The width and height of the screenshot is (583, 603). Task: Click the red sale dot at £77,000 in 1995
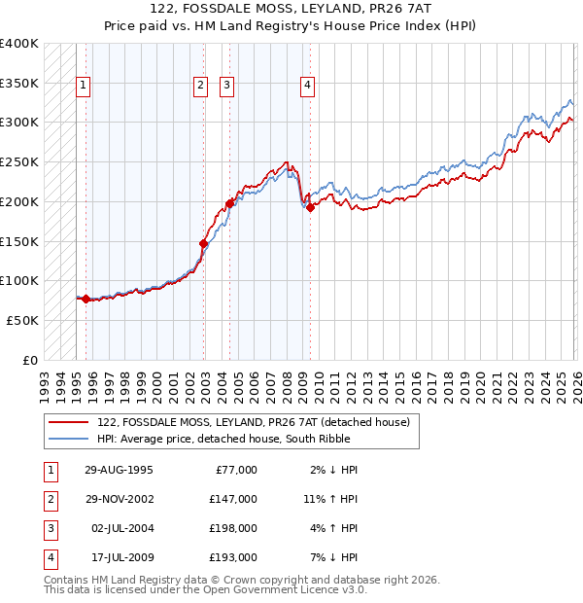(x=86, y=299)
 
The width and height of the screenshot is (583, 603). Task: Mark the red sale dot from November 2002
(x=203, y=243)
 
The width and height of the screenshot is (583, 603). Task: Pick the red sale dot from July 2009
(x=310, y=206)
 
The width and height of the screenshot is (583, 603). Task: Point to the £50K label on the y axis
(x=21, y=320)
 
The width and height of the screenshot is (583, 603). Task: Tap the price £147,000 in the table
(x=233, y=499)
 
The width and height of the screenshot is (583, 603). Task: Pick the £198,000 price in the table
(x=233, y=528)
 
